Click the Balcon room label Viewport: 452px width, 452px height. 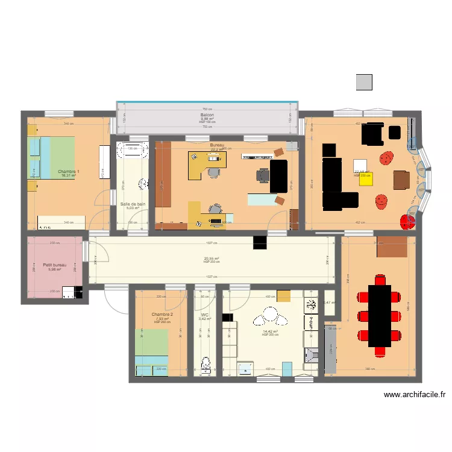click(207, 115)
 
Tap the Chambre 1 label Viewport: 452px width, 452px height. click(69, 172)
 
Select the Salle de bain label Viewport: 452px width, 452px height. click(133, 204)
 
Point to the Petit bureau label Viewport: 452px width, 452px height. click(55, 265)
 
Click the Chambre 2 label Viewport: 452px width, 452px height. click(162, 315)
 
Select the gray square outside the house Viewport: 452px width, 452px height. click(364, 83)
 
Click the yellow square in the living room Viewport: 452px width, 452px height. click(366, 179)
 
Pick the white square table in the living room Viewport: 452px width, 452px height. click(360, 165)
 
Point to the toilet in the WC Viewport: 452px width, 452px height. click(206, 363)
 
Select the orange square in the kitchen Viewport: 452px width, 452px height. click(283, 295)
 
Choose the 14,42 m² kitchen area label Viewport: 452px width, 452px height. click(269, 331)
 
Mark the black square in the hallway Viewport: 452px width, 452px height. click(260, 242)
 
